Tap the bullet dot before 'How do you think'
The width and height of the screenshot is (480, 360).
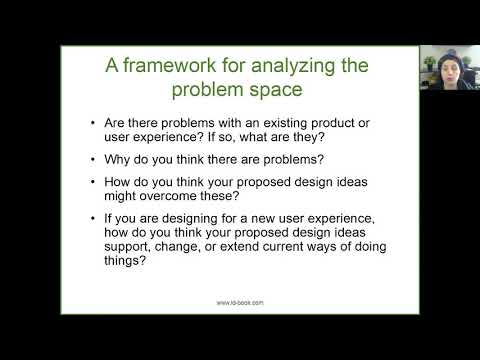coord(93,182)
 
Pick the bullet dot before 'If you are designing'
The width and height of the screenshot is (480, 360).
coord(93,218)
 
